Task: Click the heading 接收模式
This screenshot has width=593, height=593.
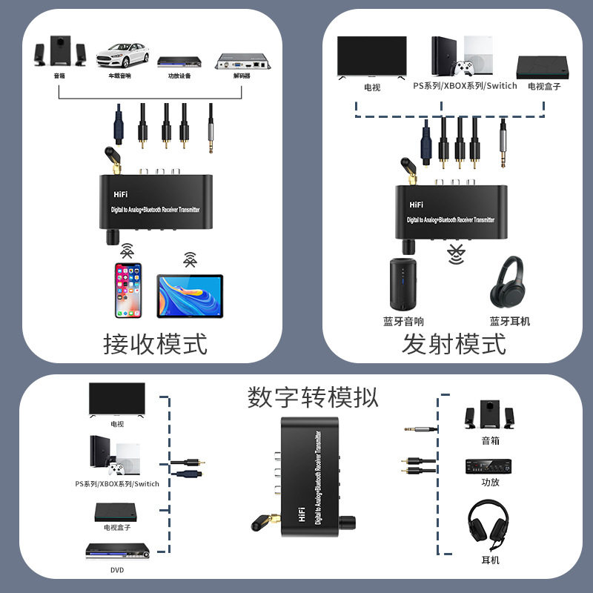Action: point(155,344)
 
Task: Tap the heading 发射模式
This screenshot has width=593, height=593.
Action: point(454,344)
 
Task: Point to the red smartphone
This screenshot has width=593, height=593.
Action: point(127,289)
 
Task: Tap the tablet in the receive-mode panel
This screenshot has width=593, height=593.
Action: point(190,294)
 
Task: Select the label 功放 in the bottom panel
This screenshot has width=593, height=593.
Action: point(490,482)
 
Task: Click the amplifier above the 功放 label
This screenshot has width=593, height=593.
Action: point(489,466)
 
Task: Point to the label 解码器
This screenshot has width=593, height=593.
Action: point(242,76)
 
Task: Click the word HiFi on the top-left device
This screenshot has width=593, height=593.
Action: point(122,193)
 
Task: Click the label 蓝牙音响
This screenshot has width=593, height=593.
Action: point(403,321)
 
